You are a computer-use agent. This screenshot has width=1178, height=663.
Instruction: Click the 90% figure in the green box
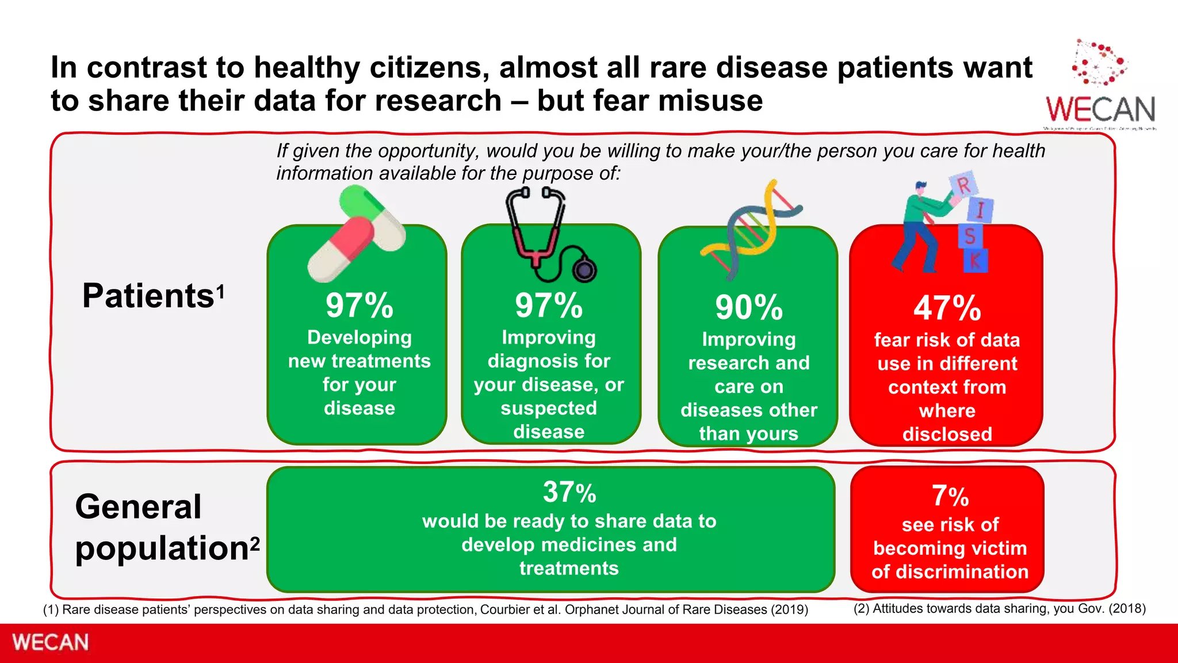(x=748, y=307)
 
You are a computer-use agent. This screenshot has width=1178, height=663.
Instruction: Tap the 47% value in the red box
(x=947, y=308)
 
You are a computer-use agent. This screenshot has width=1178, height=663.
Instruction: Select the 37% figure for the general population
(x=569, y=493)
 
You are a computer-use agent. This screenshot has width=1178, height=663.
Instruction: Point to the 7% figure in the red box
(x=950, y=496)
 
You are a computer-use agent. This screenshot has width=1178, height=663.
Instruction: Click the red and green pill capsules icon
(x=356, y=234)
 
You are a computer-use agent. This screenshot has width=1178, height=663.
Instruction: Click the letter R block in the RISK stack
(x=964, y=185)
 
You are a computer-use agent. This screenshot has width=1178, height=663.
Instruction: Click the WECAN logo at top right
(x=1100, y=86)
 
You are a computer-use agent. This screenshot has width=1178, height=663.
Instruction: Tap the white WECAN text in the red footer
(x=51, y=642)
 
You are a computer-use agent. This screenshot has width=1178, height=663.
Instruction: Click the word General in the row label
(x=138, y=507)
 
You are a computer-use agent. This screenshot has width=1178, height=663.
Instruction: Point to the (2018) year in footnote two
(x=1127, y=609)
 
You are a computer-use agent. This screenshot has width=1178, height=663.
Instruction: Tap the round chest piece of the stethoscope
(x=584, y=269)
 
